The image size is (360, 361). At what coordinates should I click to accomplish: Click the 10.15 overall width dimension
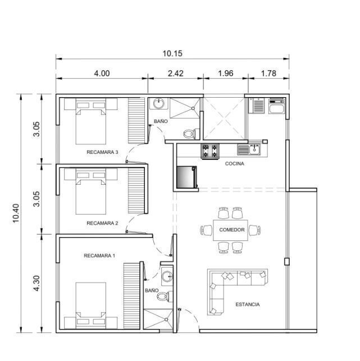(x=172, y=53)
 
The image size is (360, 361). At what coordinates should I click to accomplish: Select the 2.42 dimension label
(x=176, y=74)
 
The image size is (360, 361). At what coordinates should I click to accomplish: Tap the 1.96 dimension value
(x=225, y=74)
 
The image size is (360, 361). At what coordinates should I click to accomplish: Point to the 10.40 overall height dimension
(x=16, y=213)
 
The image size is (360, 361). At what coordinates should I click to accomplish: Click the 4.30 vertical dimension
(x=37, y=283)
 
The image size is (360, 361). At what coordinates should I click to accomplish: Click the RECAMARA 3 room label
(x=102, y=152)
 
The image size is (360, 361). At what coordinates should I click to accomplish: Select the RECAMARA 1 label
(x=99, y=255)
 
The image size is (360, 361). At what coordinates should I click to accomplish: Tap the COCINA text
(x=234, y=164)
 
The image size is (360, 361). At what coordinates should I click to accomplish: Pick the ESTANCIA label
(x=247, y=304)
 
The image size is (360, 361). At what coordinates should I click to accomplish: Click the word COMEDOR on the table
(x=232, y=230)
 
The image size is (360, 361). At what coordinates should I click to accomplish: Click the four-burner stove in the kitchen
(x=210, y=151)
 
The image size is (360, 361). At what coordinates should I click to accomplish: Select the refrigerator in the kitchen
(x=186, y=177)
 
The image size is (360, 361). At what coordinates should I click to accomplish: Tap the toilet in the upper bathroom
(x=191, y=134)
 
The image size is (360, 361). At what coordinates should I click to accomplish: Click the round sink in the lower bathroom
(x=167, y=276)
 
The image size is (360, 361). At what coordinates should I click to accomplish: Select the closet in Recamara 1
(x=132, y=296)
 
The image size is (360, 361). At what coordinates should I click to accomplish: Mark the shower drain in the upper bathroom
(x=193, y=108)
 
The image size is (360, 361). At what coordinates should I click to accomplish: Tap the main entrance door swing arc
(x=192, y=315)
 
